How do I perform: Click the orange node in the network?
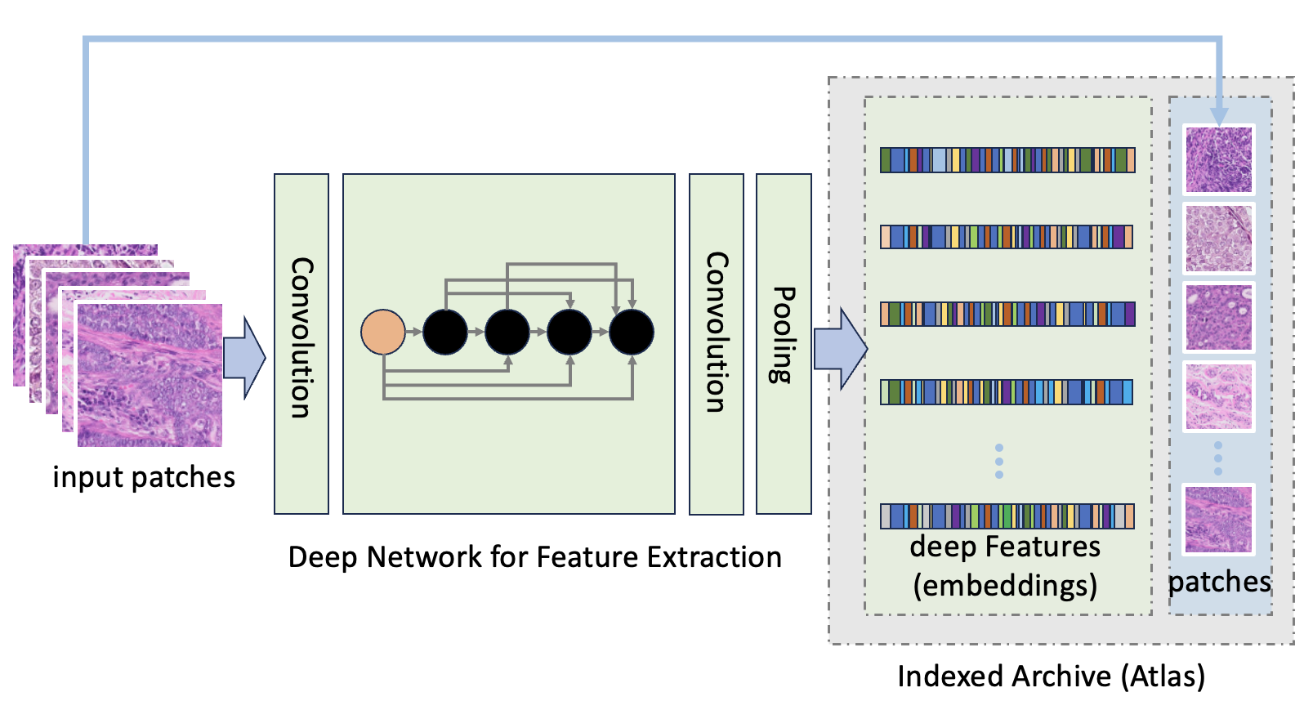tap(383, 332)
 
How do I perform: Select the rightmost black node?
tap(632, 332)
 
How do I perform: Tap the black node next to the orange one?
tap(445, 332)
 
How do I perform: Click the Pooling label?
tap(784, 335)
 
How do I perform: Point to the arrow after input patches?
tap(244, 358)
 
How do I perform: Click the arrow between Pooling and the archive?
tap(841, 349)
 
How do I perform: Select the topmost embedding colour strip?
tap(1007, 160)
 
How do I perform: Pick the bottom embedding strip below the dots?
tap(1007, 516)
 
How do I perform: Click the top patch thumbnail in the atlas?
tap(1218, 159)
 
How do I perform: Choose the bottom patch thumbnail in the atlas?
tap(1218, 520)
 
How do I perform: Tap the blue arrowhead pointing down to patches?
tap(1218, 116)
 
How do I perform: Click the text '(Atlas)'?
tap(1163, 676)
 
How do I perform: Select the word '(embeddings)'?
tap(1005, 586)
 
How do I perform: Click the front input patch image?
tap(150, 375)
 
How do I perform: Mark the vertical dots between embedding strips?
tap(999, 461)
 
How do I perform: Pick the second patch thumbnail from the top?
tap(1218, 239)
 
